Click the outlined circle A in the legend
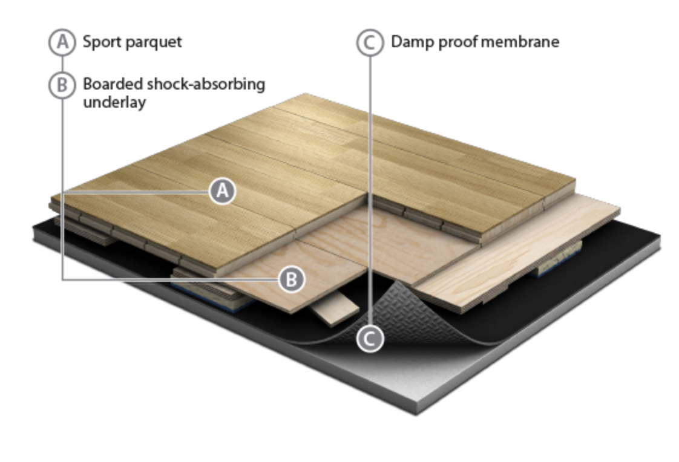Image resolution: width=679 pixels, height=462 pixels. (62, 42)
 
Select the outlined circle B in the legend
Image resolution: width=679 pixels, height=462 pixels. (62, 84)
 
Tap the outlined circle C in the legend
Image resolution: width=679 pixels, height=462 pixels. (370, 42)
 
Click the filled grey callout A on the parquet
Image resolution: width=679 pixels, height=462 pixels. (223, 190)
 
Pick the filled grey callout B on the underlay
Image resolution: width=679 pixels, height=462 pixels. (292, 279)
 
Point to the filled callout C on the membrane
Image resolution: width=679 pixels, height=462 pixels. (370, 338)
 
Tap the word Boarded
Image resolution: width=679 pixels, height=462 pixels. (113, 84)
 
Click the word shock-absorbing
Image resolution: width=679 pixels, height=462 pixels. (206, 85)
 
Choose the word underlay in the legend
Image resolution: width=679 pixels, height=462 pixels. (114, 103)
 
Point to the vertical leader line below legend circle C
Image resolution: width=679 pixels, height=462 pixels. (370, 190)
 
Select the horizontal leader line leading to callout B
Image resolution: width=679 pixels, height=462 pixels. (170, 279)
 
